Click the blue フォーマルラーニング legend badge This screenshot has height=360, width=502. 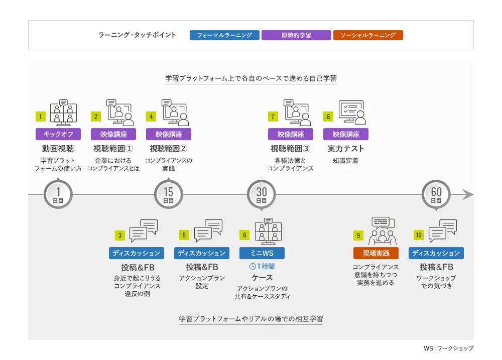[x=224, y=35]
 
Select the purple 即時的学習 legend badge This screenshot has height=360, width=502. [x=296, y=35]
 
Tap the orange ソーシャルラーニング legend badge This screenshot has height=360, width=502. [x=368, y=35]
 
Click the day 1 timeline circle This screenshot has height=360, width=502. [x=58, y=194]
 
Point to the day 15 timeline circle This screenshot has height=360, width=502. [x=168, y=194]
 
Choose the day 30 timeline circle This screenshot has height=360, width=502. [x=261, y=194]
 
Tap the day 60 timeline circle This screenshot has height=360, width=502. [x=436, y=194]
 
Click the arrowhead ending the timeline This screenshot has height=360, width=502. [x=468, y=194]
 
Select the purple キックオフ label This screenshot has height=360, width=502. [x=58, y=134]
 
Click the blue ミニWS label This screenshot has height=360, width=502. [x=262, y=253]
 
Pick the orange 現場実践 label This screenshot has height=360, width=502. [x=376, y=253]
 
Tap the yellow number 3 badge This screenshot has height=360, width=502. [x=120, y=235]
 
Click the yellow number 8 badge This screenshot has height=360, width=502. [x=328, y=116]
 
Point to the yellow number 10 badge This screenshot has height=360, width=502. [x=419, y=235]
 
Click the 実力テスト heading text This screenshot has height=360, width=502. [x=345, y=149]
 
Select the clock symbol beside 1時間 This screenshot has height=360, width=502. [x=253, y=267]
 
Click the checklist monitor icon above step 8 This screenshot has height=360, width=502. [x=352, y=112]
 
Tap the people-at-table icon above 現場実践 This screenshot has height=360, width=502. [x=383, y=230]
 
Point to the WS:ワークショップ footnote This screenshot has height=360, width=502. [x=448, y=348]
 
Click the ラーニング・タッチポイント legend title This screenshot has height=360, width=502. [x=137, y=35]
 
